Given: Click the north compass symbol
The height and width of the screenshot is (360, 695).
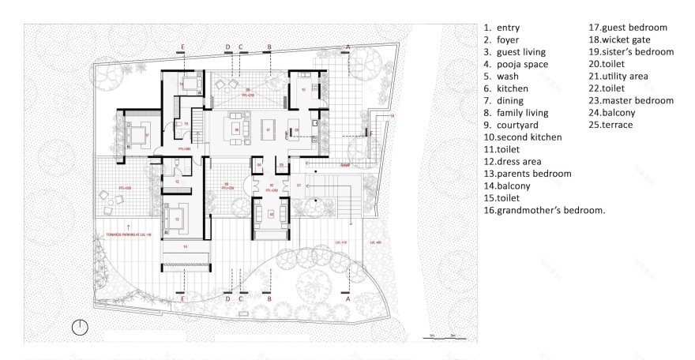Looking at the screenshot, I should (x=81, y=326).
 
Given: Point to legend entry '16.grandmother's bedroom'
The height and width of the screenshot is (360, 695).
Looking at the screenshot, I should (x=544, y=209).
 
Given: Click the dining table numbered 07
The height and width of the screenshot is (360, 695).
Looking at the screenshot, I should (x=269, y=129).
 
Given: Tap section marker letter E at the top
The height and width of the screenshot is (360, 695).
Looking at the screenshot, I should (x=182, y=47).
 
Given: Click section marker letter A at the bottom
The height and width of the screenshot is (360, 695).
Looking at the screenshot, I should (x=348, y=298).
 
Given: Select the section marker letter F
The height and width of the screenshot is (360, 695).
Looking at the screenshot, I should (x=371, y=133).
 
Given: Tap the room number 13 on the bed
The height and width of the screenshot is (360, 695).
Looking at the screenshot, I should (x=177, y=219).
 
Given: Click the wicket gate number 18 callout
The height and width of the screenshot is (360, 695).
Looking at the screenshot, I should (x=392, y=115).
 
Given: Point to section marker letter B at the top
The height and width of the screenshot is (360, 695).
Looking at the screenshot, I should (x=269, y=47).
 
